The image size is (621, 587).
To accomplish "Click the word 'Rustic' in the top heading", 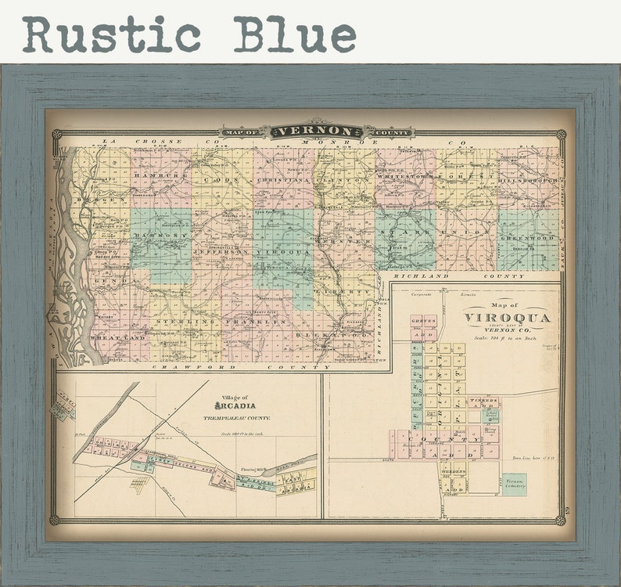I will tap(112, 34).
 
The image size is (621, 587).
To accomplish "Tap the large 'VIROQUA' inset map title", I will tap(507, 318).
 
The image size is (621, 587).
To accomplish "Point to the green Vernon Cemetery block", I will tap(514, 483).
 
